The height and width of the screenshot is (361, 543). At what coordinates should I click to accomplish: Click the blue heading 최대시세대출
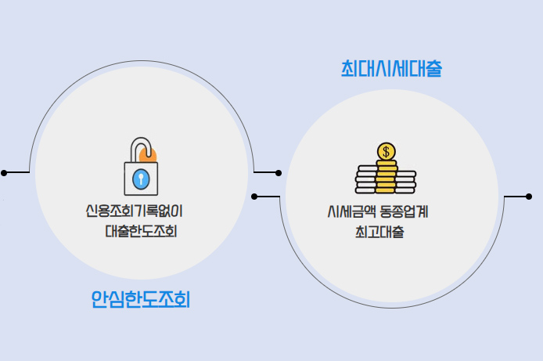(391, 68)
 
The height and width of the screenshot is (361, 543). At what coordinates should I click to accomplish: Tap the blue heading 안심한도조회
(141, 298)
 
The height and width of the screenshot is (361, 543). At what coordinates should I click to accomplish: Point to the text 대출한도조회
(142, 232)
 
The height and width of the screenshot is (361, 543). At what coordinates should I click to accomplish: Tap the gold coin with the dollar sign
(386, 151)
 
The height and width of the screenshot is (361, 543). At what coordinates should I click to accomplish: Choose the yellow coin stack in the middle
(386, 177)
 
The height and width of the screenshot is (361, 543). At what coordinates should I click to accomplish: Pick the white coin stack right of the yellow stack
(406, 181)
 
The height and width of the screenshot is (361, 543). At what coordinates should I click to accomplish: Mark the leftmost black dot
(4, 172)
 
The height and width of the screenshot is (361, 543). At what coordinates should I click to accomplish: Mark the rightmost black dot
(529, 196)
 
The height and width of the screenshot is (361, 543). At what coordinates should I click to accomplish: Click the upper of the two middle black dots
(279, 172)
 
